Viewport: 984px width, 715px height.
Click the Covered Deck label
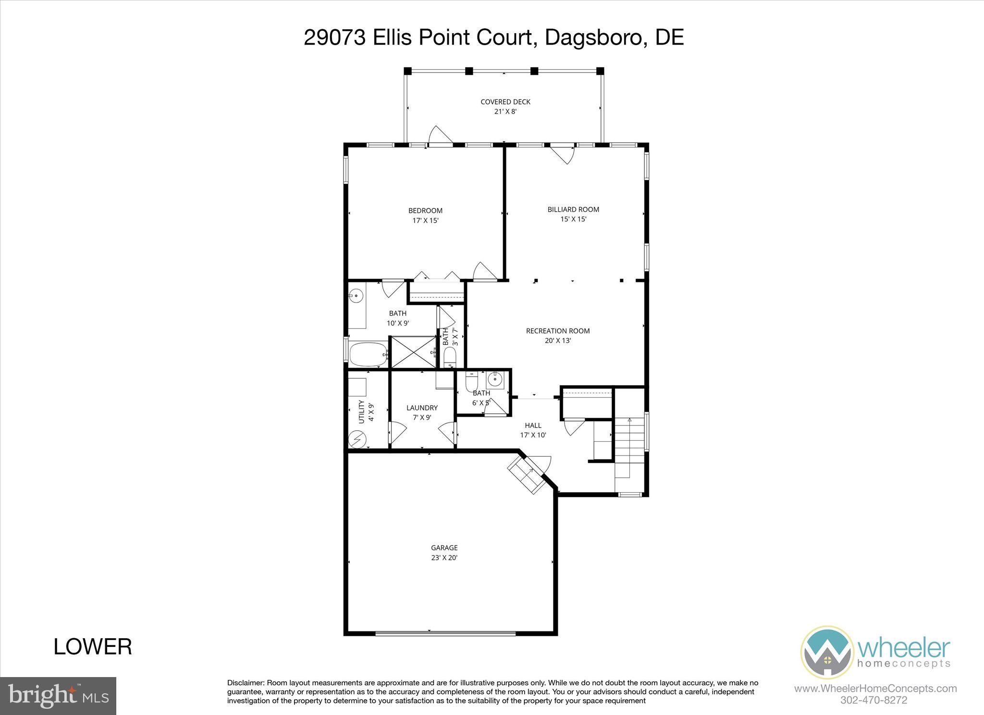pos(505,107)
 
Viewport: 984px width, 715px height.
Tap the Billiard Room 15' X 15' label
pos(573,214)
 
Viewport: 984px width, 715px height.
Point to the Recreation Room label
pos(557,336)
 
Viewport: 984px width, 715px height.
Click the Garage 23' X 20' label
pos(444,553)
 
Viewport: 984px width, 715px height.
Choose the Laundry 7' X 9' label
pos(422,412)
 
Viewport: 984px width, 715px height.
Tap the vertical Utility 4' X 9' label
pos(366,412)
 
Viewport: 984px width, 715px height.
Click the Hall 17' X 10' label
pos(533,430)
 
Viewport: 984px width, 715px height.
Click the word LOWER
pos(93,647)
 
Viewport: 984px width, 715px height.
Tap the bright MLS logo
pos(58,696)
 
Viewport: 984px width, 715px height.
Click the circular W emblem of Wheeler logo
pos(827,653)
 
